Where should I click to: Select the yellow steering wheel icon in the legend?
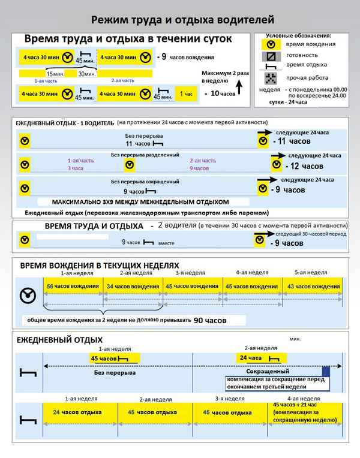[x=271, y=44]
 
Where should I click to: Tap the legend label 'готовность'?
[x=302, y=55]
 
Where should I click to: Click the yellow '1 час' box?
[x=184, y=94]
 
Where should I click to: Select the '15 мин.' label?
[x=55, y=74]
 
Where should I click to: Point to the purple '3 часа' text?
[x=75, y=168]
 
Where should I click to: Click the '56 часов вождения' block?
[x=73, y=287]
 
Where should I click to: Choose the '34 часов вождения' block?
[x=133, y=287]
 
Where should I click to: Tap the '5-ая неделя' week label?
[x=311, y=273]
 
